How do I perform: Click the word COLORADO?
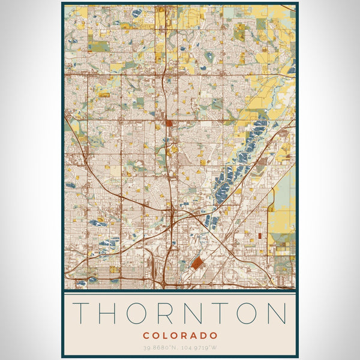pyautogui.click(x=180, y=335)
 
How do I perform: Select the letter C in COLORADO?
pyautogui.click(x=146, y=335)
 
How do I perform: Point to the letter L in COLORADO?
pyautogui.click(x=166, y=335)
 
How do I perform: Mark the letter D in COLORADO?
pyautogui.click(x=204, y=335)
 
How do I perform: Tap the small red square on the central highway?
pyautogui.click(x=169, y=124)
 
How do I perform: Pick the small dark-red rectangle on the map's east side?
pyautogui.click(x=259, y=236)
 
